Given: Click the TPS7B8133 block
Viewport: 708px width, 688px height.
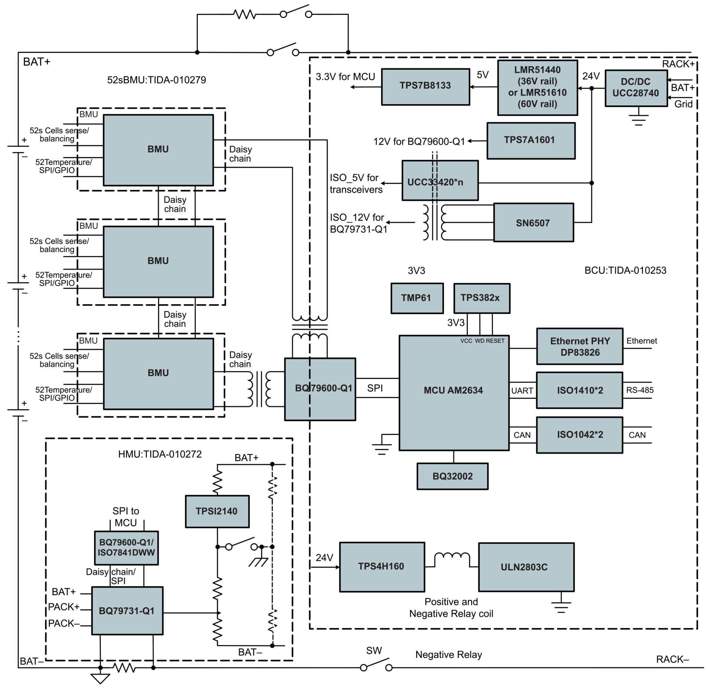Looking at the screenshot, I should [425, 86].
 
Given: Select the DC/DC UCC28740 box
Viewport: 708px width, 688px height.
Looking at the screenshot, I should [635, 88].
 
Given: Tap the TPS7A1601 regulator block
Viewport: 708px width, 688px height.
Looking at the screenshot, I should [531, 140].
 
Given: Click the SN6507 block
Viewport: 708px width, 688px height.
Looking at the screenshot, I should [533, 222].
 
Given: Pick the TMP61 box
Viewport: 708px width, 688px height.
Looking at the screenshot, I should [416, 298].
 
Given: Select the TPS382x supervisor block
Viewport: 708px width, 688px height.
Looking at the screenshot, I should [481, 298].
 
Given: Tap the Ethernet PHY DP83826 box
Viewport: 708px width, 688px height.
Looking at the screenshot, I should [579, 346].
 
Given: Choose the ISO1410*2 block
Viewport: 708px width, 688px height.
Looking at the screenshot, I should [579, 390].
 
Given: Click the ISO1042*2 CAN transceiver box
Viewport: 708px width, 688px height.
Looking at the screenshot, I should [579, 435].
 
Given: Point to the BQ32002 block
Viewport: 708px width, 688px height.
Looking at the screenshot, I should [452, 476].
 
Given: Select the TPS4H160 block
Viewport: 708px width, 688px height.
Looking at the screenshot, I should [382, 567].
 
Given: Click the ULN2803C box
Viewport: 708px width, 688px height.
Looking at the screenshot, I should [526, 567].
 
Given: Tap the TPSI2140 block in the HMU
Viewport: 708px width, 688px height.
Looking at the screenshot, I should [217, 511].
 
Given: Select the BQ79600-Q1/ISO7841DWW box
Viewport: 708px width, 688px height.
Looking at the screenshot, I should [126, 548].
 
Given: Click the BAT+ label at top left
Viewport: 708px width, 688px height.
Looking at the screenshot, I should [36, 62].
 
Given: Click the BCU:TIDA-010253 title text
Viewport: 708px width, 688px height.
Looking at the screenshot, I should [625, 270].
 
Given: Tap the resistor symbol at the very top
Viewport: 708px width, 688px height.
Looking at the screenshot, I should [244, 15].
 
